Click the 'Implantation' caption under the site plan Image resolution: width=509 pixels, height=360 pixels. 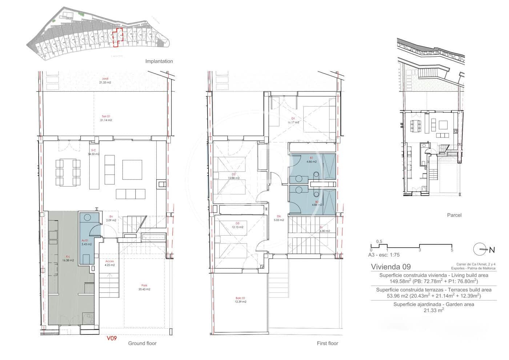point(159,61)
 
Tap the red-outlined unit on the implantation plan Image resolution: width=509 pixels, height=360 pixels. point(117,37)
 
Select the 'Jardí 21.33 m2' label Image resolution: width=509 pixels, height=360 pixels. point(105,80)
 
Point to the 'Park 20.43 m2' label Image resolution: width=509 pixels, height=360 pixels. point(144,287)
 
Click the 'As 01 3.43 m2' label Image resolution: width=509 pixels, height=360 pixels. point(86,242)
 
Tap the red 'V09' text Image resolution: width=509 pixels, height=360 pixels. point(111,338)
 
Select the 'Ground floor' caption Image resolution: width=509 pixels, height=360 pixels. point(142,343)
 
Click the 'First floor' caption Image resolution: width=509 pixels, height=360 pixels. point(327,343)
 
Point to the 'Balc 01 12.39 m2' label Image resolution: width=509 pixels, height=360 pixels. point(240,300)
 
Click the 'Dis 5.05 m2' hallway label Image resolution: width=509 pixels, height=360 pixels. point(278,218)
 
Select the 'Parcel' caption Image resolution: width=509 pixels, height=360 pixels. point(454,215)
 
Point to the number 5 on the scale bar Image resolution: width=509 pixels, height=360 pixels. point(452,250)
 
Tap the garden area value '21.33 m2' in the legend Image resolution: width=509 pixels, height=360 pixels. point(433,310)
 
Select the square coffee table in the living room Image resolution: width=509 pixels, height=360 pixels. point(132,169)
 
